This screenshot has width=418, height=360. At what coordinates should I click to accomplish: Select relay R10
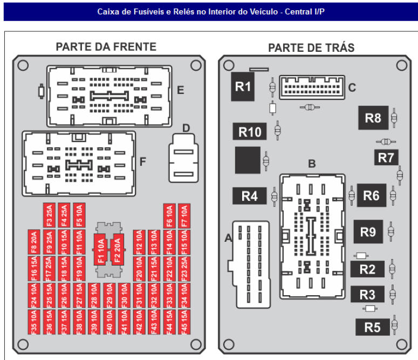click(x=250, y=131)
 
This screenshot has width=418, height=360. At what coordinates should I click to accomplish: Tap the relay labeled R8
click(x=373, y=118)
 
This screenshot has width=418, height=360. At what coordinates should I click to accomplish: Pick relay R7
click(x=386, y=158)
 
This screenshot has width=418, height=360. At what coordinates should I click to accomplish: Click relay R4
click(x=249, y=196)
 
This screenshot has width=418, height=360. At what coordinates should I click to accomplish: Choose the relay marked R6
click(x=371, y=195)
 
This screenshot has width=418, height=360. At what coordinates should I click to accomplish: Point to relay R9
click(x=368, y=232)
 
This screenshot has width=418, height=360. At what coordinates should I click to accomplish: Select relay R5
click(x=372, y=327)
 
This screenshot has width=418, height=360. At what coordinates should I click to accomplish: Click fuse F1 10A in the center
click(x=100, y=250)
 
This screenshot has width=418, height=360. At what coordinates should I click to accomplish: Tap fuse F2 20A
click(x=117, y=250)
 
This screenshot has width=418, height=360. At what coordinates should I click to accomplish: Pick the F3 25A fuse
click(x=49, y=215)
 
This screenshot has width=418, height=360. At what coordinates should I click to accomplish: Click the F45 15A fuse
click(x=184, y=321)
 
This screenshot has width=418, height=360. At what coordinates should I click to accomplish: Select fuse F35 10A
click(x=33, y=321)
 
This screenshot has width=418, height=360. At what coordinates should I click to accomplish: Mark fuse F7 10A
click(x=184, y=215)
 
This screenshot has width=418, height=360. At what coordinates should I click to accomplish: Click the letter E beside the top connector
click(x=180, y=90)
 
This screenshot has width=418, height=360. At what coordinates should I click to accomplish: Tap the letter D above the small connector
click(x=186, y=128)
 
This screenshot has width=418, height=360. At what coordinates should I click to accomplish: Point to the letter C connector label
click(x=352, y=87)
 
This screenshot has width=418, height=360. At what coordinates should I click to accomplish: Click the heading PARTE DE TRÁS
click(x=311, y=47)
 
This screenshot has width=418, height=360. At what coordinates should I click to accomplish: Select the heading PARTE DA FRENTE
click(x=106, y=47)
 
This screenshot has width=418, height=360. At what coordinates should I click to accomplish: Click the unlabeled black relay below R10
click(x=248, y=160)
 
